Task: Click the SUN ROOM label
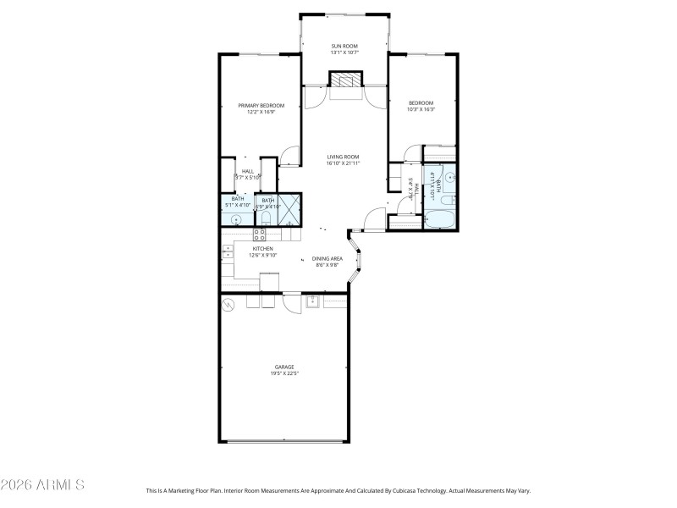[344, 44]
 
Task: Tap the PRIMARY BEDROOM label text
[261, 105]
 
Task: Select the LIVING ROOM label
[344, 157]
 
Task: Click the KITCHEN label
[261, 248]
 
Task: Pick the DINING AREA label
[327, 258]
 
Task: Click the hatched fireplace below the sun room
[344, 80]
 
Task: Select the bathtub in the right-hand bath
[440, 222]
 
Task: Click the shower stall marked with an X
[289, 208]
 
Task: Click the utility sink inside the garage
[312, 301]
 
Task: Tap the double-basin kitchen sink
[228, 251]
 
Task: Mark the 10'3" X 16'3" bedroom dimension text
[421, 109]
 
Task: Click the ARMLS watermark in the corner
[42, 485]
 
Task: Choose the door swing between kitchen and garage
[292, 302]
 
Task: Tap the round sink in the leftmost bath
[235, 219]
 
